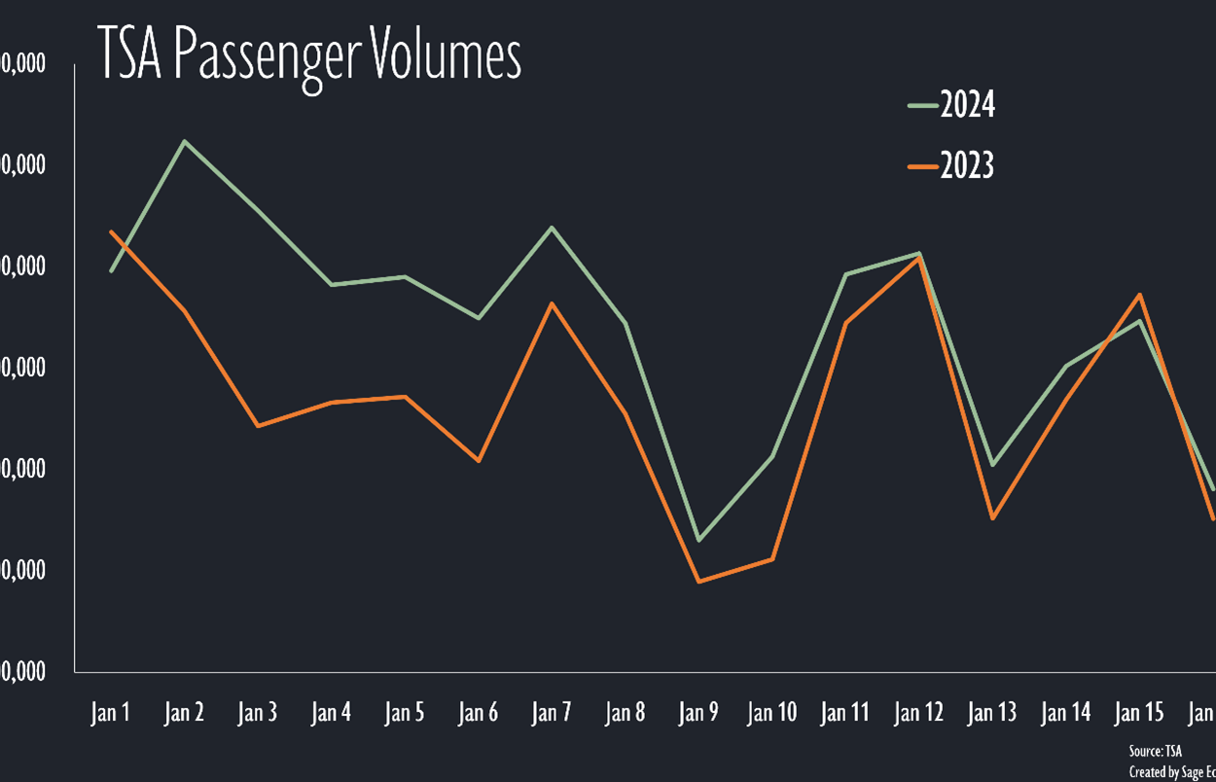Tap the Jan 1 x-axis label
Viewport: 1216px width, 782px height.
111,713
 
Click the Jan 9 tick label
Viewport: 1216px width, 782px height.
698,713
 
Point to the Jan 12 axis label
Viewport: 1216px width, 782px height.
919,713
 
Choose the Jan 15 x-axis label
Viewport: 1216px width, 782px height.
1139,713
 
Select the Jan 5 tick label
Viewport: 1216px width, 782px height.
405,713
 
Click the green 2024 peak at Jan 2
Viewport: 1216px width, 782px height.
185,141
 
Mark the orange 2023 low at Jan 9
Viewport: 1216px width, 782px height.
698,582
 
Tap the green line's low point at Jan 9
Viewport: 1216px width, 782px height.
698,540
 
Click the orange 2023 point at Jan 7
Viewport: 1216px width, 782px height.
552,303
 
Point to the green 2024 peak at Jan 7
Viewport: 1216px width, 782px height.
552,228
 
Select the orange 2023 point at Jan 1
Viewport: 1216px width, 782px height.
112,231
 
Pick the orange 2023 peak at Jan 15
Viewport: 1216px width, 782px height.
1139,295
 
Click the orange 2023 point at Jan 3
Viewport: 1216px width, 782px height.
258,426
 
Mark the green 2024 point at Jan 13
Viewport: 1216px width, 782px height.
992,465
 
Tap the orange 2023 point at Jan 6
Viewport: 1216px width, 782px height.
479,460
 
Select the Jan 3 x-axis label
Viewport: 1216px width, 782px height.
258,713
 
